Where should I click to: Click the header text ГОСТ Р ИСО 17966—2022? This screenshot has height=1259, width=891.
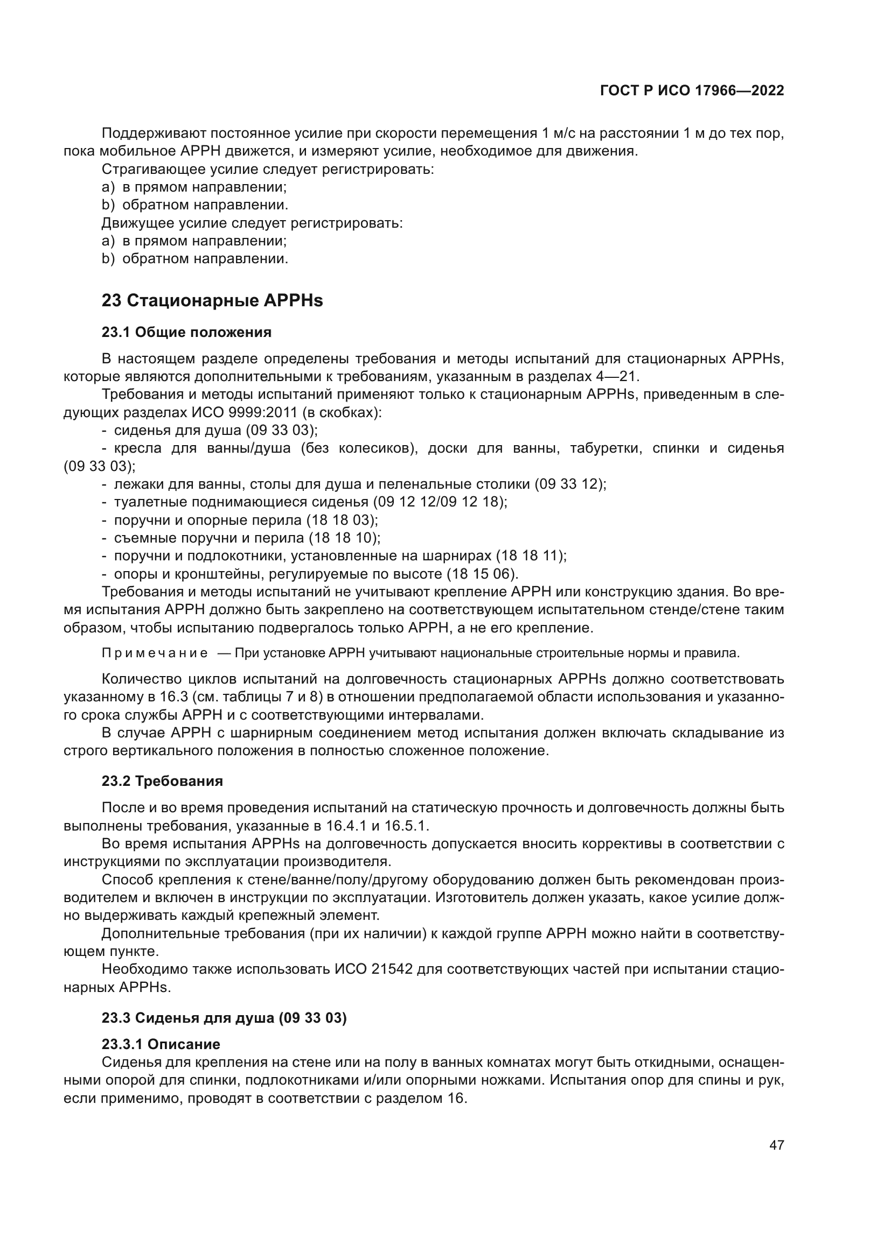click(692, 91)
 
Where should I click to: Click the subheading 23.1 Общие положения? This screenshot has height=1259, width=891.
click(186, 332)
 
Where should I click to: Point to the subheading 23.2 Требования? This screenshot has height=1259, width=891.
click(162, 781)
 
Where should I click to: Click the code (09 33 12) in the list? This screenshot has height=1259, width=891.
click(570, 484)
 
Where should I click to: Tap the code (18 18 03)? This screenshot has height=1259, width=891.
click(342, 520)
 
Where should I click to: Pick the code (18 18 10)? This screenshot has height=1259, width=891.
click(344, 538)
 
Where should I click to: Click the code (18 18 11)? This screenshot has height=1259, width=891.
click(531, 556)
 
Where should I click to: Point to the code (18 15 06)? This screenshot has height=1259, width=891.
click(482, 574)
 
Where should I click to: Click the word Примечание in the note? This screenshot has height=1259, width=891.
click(155, 653)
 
